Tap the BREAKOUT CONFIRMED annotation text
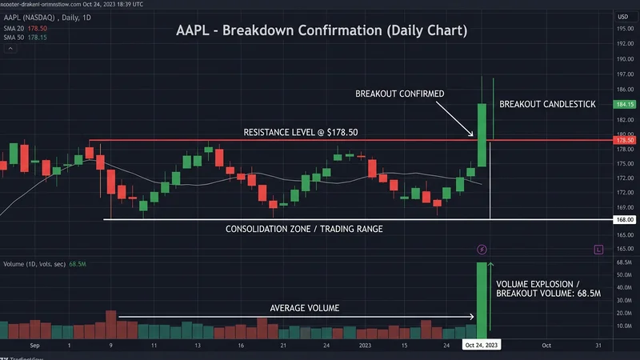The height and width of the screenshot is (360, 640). tap(400, 94)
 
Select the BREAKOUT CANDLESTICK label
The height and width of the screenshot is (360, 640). tap(547, 105)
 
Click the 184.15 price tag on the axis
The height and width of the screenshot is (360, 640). tap(625, 105)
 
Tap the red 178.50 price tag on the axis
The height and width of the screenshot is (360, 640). tap(625, 141)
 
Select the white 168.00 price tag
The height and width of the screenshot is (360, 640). tap(625, 219)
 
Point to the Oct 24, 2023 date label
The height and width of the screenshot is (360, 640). tap(482, 344)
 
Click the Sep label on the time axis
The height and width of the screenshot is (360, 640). tap(34, 345)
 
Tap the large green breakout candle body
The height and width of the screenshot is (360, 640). tap(482, 122)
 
